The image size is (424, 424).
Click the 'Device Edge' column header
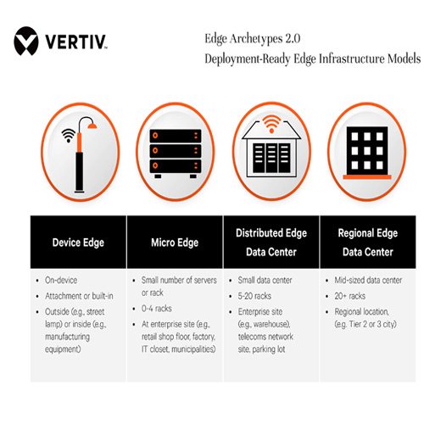tap(78, 242)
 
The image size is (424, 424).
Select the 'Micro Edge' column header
tap(175, 242)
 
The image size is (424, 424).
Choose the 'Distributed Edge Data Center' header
tap(272, 242)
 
